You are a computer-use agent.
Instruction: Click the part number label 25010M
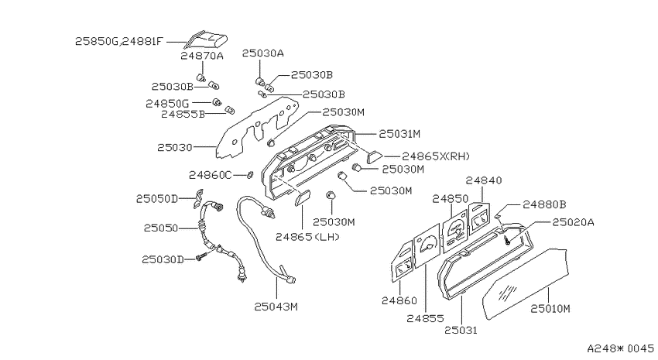pos(550,309)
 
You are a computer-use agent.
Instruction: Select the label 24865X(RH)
pos(436,156)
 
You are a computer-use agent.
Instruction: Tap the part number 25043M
pos(276,307)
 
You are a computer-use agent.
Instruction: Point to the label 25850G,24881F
pos(118,42)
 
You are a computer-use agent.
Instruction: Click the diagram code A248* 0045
pos(620,348)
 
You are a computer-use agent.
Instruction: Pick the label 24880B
pos(544,204)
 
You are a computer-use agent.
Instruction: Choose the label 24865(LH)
pos(307,237)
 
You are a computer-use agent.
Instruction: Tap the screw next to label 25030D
pos(201,256)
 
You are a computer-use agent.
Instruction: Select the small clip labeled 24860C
pos(249,174)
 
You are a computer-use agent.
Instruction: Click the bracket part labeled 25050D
pos(198,198)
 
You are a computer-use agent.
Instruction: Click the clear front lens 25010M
pos(526,284)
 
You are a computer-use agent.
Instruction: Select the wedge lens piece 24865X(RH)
pos(375,157)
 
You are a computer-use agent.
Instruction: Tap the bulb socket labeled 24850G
pos(217,102)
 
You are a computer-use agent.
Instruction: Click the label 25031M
pos(399,134)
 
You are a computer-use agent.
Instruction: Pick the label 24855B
pos(183,114)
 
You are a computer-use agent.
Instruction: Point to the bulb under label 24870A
pos(201,77)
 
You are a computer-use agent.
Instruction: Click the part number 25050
pos(161,228)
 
